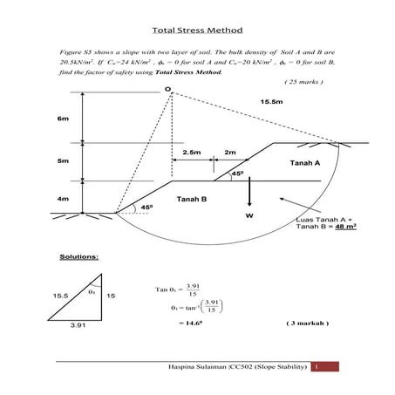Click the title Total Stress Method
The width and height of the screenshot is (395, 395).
[196, 29]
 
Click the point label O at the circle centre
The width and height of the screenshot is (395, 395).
[166, 90]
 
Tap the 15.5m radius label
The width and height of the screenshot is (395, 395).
[271, 102]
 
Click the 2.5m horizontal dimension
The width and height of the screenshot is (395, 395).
[193, 153]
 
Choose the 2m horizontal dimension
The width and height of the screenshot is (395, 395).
[230, 153]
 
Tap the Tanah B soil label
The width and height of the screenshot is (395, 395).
[192, 200]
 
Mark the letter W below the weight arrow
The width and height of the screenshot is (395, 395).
[249, 215]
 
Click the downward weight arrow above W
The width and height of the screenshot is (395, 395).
[249, 190]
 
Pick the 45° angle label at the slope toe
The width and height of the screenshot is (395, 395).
[146, 206]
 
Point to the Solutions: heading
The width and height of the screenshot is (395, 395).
[78, 258]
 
